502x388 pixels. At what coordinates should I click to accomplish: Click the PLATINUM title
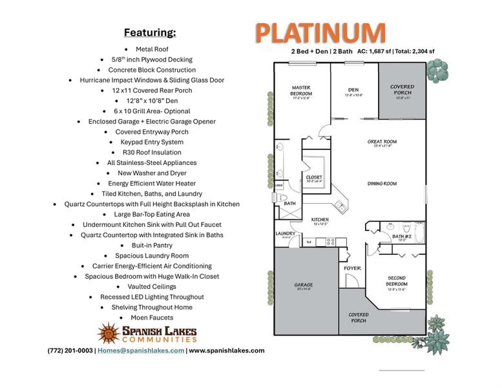320,32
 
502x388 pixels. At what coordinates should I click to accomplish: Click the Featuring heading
150,32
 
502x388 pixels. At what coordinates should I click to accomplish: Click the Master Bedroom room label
301,91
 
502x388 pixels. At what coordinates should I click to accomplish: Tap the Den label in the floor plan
353,90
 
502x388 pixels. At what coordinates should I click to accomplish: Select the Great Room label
382,142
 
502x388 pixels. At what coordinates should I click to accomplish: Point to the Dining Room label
382,184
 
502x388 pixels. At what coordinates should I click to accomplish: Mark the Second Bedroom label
397,281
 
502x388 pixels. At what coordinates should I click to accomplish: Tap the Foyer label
352,268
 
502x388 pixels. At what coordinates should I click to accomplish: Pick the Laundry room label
285,233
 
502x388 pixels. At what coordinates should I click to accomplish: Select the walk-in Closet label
314,177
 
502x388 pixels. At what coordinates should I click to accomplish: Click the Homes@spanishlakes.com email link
141,350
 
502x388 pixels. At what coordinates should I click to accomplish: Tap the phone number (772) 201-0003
70,350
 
